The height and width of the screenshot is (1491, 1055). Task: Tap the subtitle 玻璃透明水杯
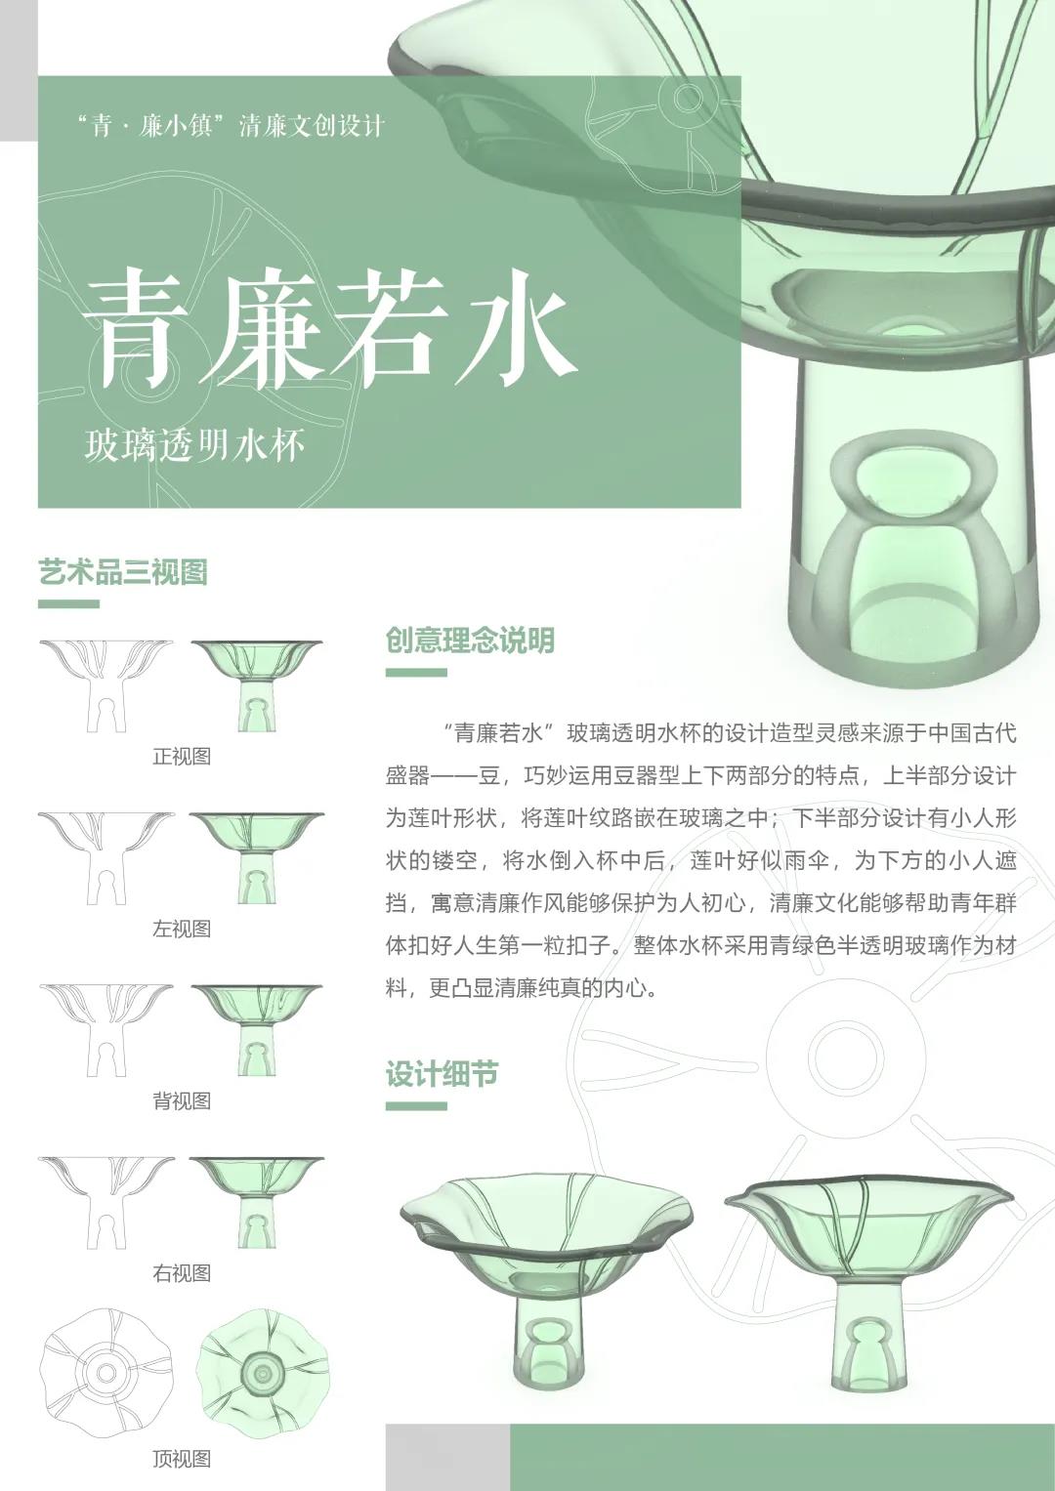point(194,445)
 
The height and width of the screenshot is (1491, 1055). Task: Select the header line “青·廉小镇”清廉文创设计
point(232,125)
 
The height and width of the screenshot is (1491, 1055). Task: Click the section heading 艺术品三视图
point(123,572)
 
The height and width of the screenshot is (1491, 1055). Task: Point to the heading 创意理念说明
point(470,641)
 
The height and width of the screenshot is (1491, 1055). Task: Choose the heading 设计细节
point(443,1074)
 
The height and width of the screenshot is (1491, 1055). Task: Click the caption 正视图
point(182,756)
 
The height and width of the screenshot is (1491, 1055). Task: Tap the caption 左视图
point(182,929)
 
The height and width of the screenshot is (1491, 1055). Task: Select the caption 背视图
point(182,1101)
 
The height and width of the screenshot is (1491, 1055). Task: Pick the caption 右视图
point(182,1273)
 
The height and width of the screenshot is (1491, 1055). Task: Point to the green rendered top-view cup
point(264,1373)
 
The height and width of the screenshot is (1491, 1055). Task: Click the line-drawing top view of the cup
point(106,1373)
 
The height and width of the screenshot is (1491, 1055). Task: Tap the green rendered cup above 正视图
point(257,686)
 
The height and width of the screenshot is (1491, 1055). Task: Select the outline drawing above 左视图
point(106,858)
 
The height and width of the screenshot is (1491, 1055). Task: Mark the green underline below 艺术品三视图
point(68,603)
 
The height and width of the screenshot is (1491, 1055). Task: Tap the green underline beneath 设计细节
point(416,1106)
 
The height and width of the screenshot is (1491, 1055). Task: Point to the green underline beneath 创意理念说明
point(416,673)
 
